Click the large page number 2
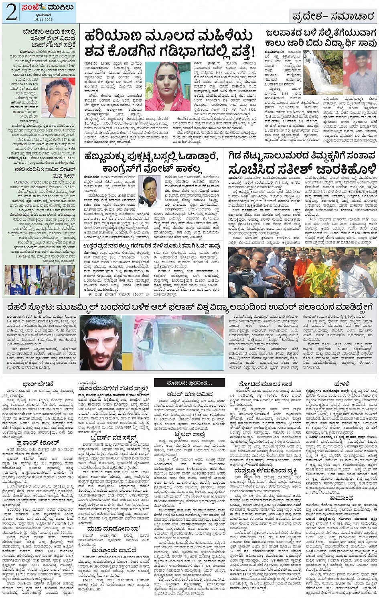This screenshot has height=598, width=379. pos(11,12)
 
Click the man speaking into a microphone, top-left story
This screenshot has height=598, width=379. pos(58,98)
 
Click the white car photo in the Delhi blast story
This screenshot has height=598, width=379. pos(173,343)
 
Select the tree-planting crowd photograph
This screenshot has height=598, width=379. pos(303,272)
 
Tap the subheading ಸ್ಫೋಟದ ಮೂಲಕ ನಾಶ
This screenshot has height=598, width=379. pos(262,384)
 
